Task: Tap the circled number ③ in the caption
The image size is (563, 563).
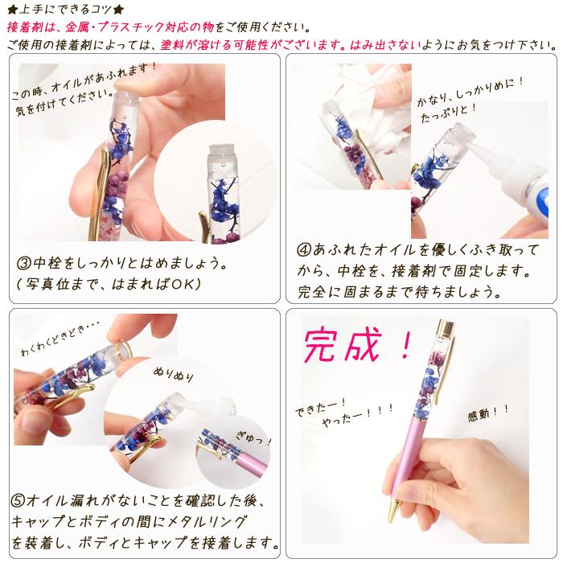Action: pyautogui.click(x=24, y=263)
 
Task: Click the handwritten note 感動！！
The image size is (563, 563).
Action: pyautogui.click(x=488, y=416)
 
